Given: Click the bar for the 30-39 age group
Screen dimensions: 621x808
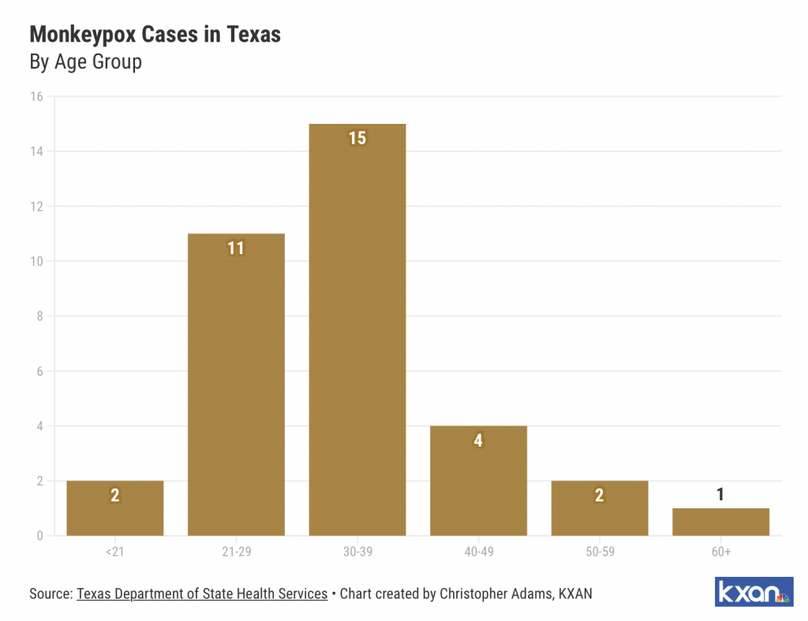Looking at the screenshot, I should coord(357,331).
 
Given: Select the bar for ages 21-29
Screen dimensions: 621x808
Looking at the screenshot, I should coord(236,387).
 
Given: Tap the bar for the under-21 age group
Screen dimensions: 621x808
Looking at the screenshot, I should coord(114,509).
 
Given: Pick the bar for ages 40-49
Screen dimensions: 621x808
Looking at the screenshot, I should coord(478,481).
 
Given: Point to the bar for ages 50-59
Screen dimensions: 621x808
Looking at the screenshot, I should coord(600,509).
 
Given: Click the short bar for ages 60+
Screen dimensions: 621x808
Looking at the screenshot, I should coord(720,522).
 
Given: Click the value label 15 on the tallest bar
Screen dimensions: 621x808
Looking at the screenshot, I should coord(357,138).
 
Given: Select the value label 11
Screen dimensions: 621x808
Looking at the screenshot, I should coord(236,249).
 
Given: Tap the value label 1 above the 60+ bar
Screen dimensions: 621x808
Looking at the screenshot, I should coord(720,495).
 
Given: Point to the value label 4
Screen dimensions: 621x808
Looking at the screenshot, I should coord(478,440).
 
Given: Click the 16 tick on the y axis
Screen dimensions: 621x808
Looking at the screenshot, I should coord(36,96).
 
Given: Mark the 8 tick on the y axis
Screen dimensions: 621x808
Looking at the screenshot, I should coord(39,316).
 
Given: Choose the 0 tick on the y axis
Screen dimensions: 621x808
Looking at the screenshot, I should coord(39,537).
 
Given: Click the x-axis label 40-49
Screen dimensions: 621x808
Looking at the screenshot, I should coord(478,552).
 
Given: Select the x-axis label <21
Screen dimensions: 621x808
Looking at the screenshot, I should coord(114,552).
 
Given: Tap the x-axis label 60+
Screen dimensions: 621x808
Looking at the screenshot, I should coord(720,552).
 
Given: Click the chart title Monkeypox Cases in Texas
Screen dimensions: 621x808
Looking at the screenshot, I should coord(155,35).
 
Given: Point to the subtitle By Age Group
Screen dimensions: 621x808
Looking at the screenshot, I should coord(85,62).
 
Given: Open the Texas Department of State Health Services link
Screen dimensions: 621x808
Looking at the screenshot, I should coord(202,593).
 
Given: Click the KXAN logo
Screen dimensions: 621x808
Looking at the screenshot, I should coord(754,592).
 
